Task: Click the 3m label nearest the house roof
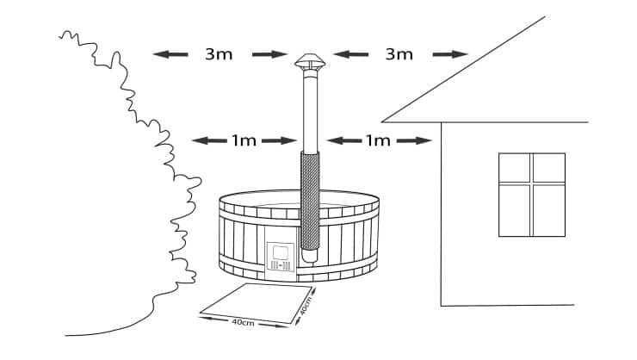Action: pos(399,53)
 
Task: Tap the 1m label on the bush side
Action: pos(244,140)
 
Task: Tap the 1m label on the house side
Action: pos(379,140)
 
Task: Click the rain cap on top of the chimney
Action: pos(310,63)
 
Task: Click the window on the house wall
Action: pos(531,194)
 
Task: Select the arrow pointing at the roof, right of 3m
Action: pos(449,53)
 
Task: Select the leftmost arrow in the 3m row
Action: pos(170,53)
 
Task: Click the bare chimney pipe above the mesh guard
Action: pos(309,112)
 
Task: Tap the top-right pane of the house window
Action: pos(547,168)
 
